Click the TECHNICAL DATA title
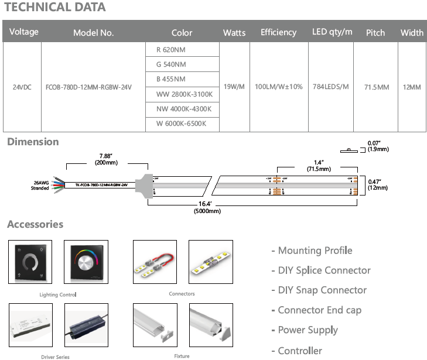[55, 8]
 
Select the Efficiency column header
[278, 32]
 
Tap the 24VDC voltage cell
[22, 87]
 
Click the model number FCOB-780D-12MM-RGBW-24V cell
[93, 87]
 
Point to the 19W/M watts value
[234, 87]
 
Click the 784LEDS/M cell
[331, 87]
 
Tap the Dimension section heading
[33, 142]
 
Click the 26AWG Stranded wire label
[40, 185]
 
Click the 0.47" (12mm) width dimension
[378, 184]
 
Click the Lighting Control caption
[58, 294]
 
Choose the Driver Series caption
[56, 356]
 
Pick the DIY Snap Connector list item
[319, 290]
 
